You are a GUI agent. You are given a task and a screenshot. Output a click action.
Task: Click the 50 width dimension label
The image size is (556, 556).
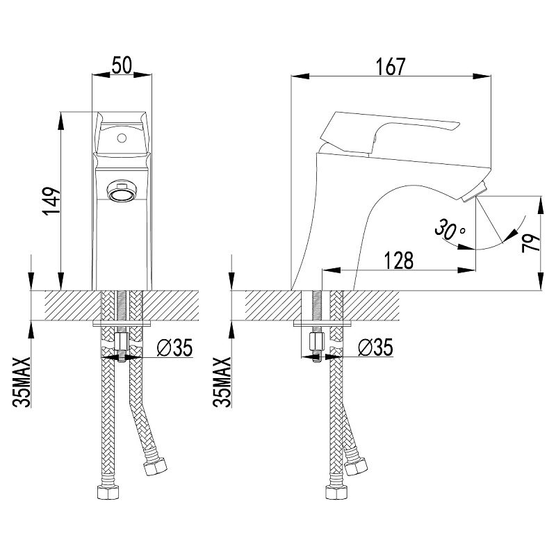tap(122, 66)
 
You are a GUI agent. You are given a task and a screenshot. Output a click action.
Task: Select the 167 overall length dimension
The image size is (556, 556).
tap(390, 67)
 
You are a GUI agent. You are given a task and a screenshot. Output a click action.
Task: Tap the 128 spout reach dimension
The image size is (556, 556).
tap(399, 261)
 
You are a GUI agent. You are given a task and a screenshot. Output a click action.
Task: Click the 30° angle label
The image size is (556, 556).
tap(450, 229)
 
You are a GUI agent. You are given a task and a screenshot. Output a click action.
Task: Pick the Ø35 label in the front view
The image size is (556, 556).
tap(175, 347)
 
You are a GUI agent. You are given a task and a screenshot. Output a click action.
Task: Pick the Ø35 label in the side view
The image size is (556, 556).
tap(375, 347)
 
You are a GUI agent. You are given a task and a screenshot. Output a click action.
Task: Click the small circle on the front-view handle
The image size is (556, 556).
tap(122, 137)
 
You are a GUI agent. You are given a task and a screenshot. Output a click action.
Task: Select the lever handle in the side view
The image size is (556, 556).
tap(389, 133)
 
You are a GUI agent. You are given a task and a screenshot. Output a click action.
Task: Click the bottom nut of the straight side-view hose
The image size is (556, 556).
tap(336, 491)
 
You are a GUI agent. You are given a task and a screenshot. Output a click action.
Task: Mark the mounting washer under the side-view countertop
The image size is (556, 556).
tap(322, 323)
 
